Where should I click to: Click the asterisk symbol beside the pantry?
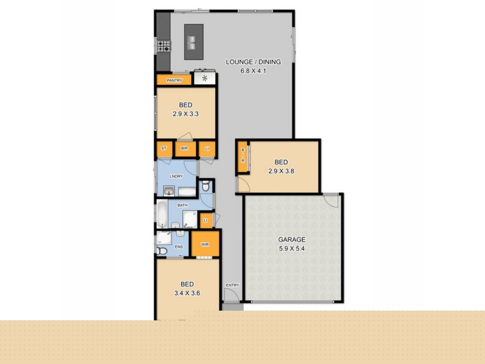click(205, 79)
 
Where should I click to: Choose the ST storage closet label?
click(164, 149)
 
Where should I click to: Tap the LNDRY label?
click(176, 176)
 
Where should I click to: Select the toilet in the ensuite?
click(162, 251)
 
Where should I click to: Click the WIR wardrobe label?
click(204, 244)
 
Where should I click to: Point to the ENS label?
click(179, 247)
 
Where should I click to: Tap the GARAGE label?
click(292, 240)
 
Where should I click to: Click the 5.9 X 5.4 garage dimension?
click(292, 249)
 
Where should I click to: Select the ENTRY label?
click(232, 285)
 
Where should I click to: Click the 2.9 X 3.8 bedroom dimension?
click(281, 171)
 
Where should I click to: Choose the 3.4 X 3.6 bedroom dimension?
click(187, 293)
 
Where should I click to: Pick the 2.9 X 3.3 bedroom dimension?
click(186, 114)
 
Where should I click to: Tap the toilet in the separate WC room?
click(206, 187)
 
